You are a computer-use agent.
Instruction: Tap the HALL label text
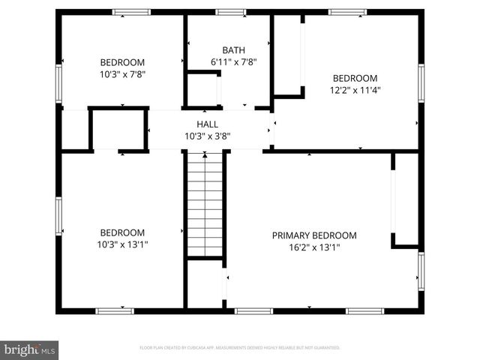point(207,124)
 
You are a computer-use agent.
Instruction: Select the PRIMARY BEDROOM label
point(313,235)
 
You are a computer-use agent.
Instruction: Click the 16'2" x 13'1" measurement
point(313,247)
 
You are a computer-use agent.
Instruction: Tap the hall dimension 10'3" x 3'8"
point(207,136)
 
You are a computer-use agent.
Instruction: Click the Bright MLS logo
point(30,349)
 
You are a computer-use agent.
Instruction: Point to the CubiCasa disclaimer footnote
point(240,348)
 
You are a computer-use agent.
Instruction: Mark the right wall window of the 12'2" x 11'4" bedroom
point(421,83)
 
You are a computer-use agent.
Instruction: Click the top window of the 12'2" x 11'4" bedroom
point(346,12)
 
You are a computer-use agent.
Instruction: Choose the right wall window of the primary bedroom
point(421,272)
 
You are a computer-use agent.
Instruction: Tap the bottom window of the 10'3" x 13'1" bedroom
point(115,310)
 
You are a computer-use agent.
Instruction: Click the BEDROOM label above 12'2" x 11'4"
point(355,79)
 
